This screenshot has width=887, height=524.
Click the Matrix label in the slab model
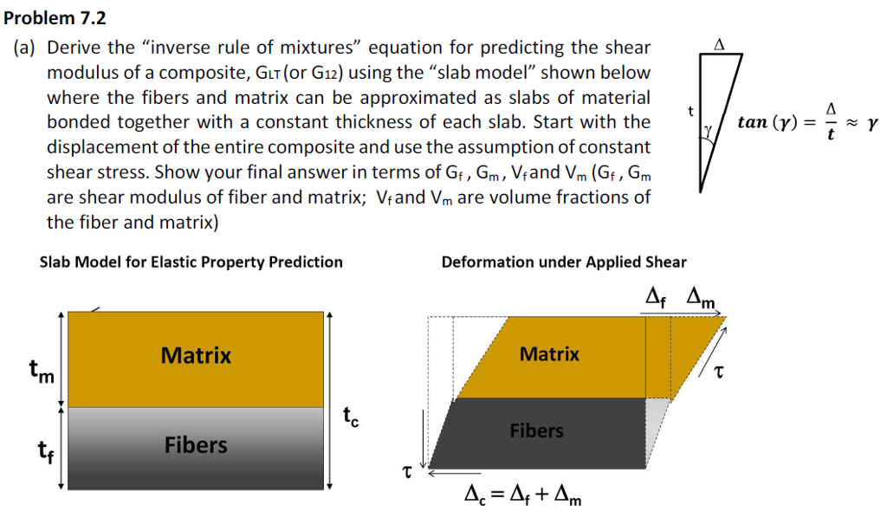(x=196, y=355)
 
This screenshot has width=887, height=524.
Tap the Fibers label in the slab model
(x=196, y=445)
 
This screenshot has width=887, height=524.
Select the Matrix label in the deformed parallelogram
(x=550, y=353)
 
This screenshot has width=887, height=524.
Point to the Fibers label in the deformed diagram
(x=536, y=430)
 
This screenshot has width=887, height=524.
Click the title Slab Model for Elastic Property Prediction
(x=191, y=262)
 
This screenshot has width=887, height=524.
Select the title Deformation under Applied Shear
(x=563, y=262)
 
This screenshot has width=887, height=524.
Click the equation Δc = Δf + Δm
(x=522, y=496)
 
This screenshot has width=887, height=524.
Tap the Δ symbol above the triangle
(x=718, y=42)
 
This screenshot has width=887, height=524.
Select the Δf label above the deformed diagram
(x=658, y=298)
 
